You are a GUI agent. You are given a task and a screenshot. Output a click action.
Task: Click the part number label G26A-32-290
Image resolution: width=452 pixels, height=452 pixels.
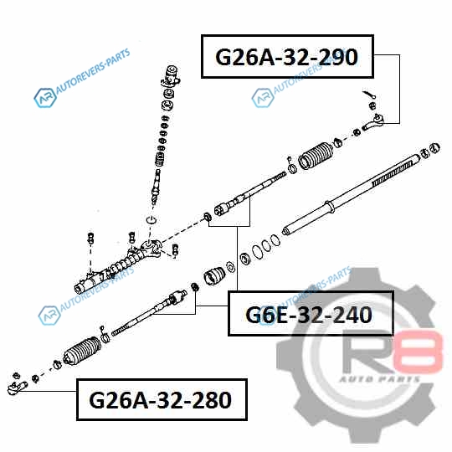click(x=286, y=57)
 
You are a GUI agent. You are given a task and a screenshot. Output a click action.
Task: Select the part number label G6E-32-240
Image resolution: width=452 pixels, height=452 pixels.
click(x=309, y=315)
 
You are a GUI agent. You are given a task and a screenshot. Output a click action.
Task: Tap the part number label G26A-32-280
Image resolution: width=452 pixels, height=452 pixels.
click(x=160, y=400)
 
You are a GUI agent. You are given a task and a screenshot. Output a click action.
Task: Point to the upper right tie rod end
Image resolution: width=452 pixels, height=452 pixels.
click(x=373, y=122)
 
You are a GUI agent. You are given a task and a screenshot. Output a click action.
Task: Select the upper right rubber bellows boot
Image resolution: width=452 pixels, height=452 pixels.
click(x=316, y=155)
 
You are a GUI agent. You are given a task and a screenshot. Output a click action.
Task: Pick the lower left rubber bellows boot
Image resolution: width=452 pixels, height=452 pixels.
click(x=82, y=351)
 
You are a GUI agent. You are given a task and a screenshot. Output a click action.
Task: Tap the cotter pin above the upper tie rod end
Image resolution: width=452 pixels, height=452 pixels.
click(x=369, y=95)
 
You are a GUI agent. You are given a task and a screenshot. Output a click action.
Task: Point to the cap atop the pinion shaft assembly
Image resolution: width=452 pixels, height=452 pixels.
click(x=172, y=75)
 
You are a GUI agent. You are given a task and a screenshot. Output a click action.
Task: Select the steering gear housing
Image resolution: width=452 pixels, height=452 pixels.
click(x=116, y=266)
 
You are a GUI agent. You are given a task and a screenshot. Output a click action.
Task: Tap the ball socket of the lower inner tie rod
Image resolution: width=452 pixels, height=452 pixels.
click(x=177, y=297)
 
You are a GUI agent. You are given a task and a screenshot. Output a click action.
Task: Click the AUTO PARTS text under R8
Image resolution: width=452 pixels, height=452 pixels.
click(x=380, y=379)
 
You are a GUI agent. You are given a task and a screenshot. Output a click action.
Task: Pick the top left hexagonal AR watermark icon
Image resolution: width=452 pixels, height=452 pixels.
click(x=45, y=98)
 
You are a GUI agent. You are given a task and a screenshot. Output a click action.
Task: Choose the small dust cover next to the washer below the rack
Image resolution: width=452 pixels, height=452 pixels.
click(x=214, y=276)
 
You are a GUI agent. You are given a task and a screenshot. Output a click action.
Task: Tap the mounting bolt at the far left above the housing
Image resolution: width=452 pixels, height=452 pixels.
click(x=90, y=239)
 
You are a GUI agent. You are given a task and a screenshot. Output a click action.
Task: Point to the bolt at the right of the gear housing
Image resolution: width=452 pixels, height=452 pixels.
click(x=175, y=250)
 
